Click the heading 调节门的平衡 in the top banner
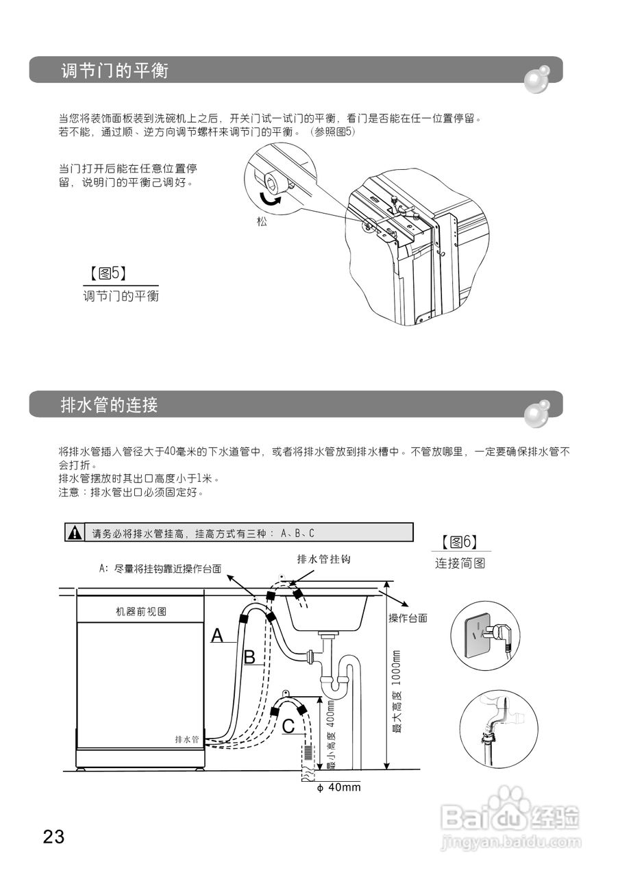coord(114,71)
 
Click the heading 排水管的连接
coord(109,405)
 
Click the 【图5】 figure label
coord(106,274)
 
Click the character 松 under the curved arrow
coord(262,222)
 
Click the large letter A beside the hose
coord(216,635)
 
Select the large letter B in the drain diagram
coord(250,658)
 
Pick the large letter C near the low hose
coord(288,726)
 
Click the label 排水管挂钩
coord(323,560)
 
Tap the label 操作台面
coord(408,618)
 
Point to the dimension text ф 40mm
coord(338,787)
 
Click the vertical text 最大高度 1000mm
coord(397,692)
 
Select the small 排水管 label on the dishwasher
coord(186,739)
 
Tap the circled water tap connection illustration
coord(498,728)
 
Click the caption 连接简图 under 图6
coord(460,563)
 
